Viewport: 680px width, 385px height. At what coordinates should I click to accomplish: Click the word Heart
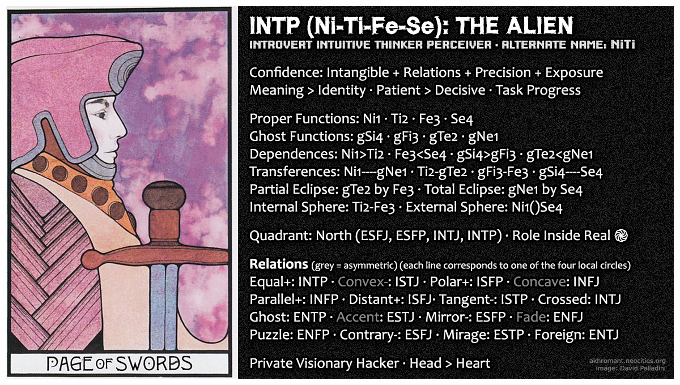coord(470,363)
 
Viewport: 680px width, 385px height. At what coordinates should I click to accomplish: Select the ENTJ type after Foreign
coord(603,335)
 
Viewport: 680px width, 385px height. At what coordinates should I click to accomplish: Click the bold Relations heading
coord(278,264)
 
